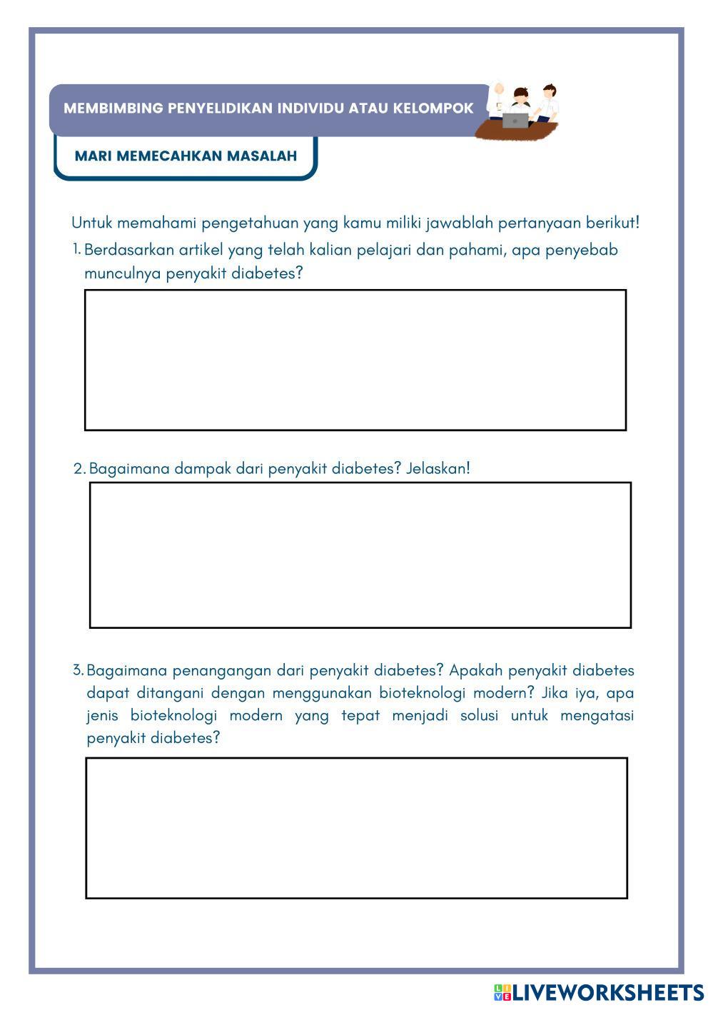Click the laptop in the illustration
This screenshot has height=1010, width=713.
click(x=515, y=120)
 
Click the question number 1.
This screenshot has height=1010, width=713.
click(x=76, y=248)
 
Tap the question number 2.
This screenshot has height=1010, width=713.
click(x=79, y=469)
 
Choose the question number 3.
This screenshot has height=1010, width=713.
click(x=78, y=670)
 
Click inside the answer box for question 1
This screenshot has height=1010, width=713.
click(x=355, y=360)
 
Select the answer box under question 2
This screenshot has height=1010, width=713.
click(x=360, y=555)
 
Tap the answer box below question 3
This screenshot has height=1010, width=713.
click(x=356, y=827)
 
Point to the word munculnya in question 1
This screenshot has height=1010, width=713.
click(x=122, y=273)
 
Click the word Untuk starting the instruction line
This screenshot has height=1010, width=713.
click(x=91, y=223)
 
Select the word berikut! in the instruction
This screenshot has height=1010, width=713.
click(x=612, y=223)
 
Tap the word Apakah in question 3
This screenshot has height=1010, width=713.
click(x=476, y=670)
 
